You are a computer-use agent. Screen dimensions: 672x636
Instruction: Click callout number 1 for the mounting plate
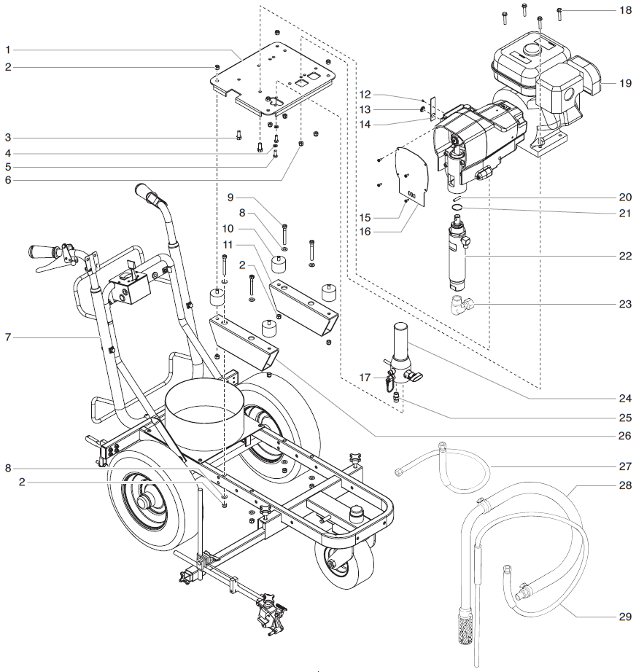[x=7, y=50]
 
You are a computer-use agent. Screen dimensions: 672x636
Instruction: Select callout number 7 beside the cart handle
[x=7, y=337]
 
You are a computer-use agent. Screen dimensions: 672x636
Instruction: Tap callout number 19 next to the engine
[x=625, y=84]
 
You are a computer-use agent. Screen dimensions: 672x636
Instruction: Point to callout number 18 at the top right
[x=625, y=11]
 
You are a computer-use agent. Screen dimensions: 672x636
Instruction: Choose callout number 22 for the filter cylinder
[x=625, y=257]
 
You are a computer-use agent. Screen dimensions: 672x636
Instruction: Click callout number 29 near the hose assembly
[x=625, y=617]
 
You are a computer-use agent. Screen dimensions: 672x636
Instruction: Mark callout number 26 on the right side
[x=625, y=437]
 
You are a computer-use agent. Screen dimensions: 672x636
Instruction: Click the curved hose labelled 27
[x=452, y=470]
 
